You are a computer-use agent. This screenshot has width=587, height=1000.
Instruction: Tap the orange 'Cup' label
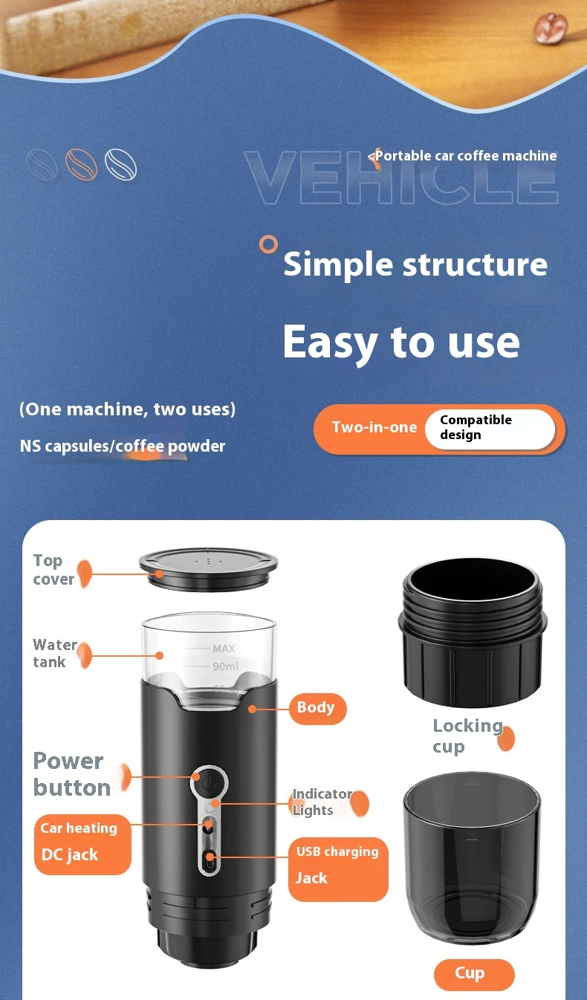474,974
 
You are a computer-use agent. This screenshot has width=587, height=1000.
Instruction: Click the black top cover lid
208,569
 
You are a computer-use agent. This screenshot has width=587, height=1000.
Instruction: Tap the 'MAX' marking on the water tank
224,648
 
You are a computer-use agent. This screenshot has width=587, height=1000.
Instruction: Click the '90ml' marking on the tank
226,666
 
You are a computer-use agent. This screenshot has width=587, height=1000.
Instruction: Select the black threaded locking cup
473,632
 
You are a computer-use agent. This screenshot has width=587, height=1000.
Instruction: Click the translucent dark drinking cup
472,857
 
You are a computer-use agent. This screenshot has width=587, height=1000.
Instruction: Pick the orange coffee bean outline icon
81,164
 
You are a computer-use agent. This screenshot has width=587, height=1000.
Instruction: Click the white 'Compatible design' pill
490,429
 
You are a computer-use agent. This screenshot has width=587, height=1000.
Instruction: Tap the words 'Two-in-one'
374,427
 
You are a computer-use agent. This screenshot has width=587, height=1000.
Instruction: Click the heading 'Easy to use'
401,342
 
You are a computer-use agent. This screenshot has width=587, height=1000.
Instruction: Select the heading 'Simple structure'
415,264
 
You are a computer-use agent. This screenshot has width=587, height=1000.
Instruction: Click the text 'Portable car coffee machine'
466,156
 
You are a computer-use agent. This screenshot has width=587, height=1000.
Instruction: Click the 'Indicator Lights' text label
322,802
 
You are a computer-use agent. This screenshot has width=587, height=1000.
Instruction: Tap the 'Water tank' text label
55,653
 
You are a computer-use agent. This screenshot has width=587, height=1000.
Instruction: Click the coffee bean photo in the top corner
551,27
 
